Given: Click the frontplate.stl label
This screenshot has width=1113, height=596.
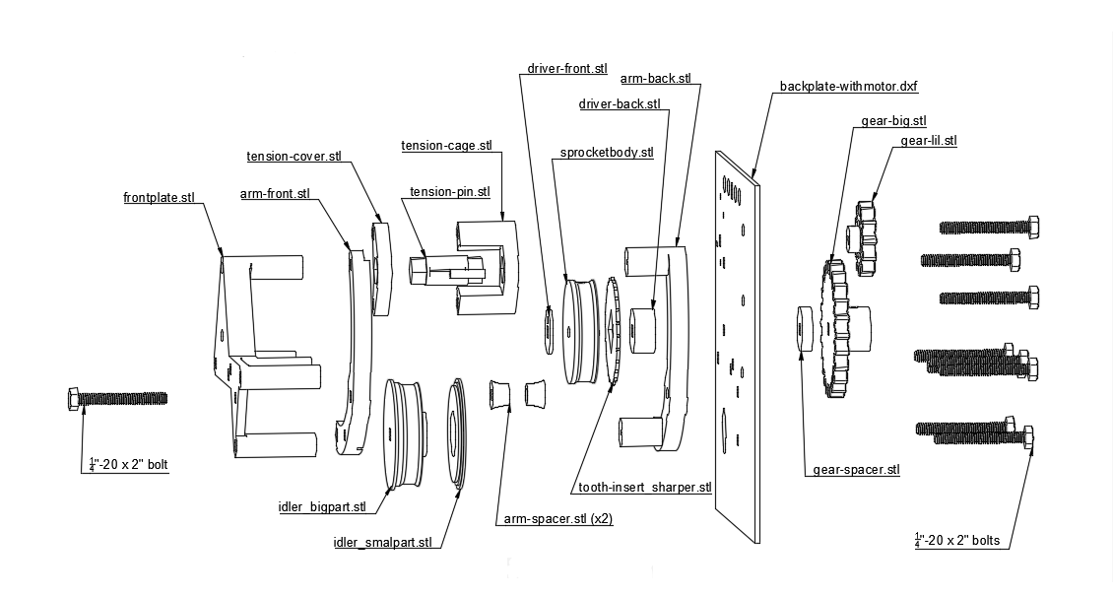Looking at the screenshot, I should (163, 197).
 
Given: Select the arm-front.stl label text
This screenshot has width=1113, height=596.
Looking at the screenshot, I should (275, 193).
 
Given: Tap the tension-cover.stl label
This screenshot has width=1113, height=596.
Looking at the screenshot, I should (294, 156).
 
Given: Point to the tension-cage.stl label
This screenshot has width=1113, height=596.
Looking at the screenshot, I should (445, 146).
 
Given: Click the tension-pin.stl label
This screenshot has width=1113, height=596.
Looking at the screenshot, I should (449, 191).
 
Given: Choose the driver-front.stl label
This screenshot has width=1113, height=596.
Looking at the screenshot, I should (567, 69).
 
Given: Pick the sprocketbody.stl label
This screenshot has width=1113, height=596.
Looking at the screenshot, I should (607, 152).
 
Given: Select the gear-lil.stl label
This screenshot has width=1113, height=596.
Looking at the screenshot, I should (928, 141).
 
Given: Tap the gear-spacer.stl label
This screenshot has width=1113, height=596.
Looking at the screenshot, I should (856, 470).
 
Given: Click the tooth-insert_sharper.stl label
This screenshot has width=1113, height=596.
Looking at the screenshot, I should (640, 487).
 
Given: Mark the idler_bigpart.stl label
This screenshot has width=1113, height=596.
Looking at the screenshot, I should (322, 507).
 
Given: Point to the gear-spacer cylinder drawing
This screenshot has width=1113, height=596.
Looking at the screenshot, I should (804, 329).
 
